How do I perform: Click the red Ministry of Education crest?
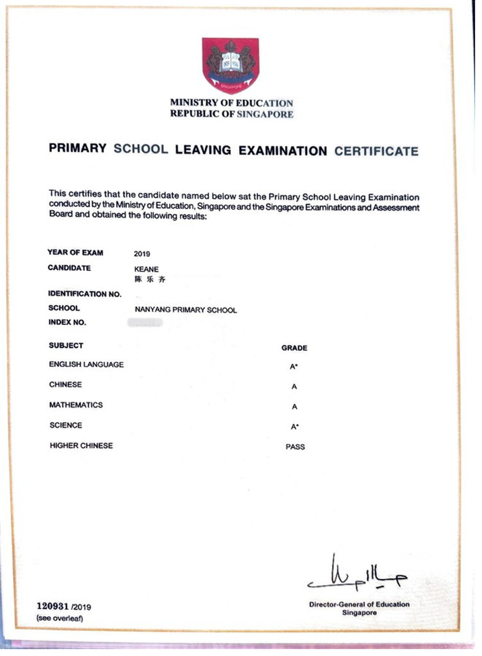coord(230,65)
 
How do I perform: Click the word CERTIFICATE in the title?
coord(376,151)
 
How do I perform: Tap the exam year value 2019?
coord(142,254)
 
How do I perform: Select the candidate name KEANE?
coord(146,270)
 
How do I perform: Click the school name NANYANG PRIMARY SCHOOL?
coord(186,310)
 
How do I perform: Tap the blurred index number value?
coord(145,323)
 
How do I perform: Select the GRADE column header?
coord(294,348)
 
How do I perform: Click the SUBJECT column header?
coord(66,345)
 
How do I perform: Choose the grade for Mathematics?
coord(294,407)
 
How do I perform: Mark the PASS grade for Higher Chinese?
coord(295,447)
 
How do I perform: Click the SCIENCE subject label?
coord(65,425)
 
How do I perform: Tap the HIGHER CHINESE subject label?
coord(81,446)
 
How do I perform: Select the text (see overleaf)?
coord(60,618)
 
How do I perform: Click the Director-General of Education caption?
coord(359,604)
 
